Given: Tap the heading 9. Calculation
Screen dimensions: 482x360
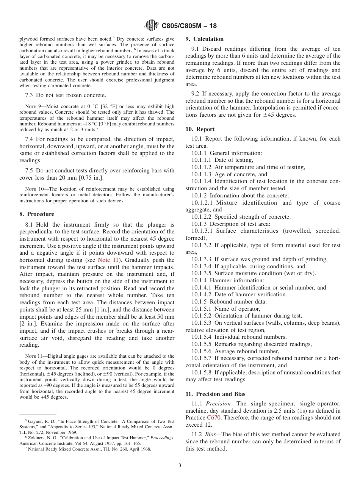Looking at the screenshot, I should click(x=204, y=39).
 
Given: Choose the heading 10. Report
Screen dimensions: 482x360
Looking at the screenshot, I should click(x=200, y=129).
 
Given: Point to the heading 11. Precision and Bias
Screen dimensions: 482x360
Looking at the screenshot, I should click(x=215, y=394).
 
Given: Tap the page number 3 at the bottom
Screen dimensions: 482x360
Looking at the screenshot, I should click(x=180, y=466).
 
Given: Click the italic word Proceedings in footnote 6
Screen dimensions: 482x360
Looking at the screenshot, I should click(x=162, y=438).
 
